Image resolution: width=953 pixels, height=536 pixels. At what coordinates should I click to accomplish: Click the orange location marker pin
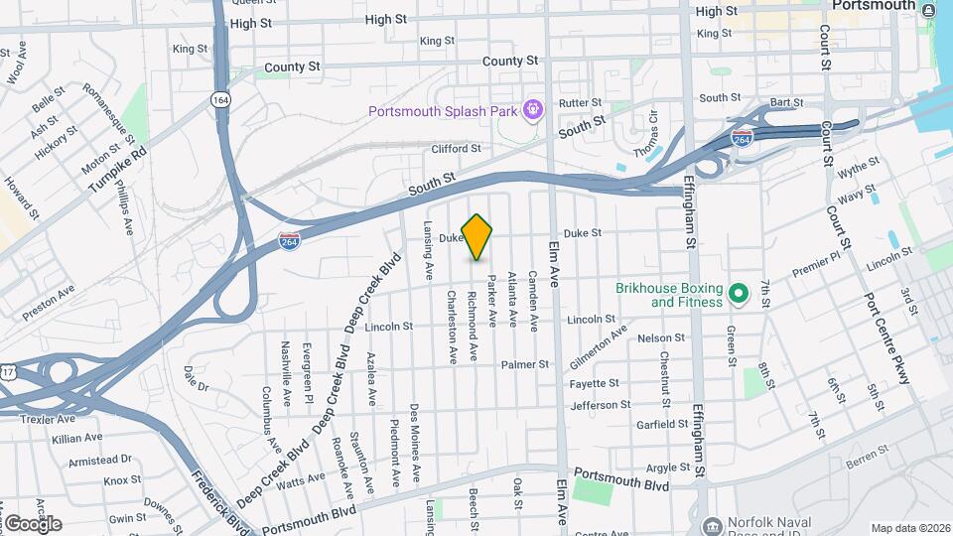(477, 236)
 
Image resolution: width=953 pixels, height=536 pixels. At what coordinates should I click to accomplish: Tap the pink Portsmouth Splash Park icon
(534, 108)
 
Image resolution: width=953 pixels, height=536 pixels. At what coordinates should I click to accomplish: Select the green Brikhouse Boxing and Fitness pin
(738, 294)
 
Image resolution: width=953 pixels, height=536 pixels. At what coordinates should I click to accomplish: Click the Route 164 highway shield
(220, 99)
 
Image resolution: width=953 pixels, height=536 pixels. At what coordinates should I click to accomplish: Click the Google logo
(33, 523)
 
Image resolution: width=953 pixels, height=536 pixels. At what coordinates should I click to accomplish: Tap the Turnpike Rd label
(130, 171)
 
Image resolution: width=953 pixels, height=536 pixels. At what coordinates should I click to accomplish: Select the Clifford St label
(456, 149)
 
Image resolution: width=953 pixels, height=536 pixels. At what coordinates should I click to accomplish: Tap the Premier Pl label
(815, 263)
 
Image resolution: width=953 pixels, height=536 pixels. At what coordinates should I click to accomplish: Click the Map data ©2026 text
(908, 528)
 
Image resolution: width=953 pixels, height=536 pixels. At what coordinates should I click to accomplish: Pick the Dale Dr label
(197, 378)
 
